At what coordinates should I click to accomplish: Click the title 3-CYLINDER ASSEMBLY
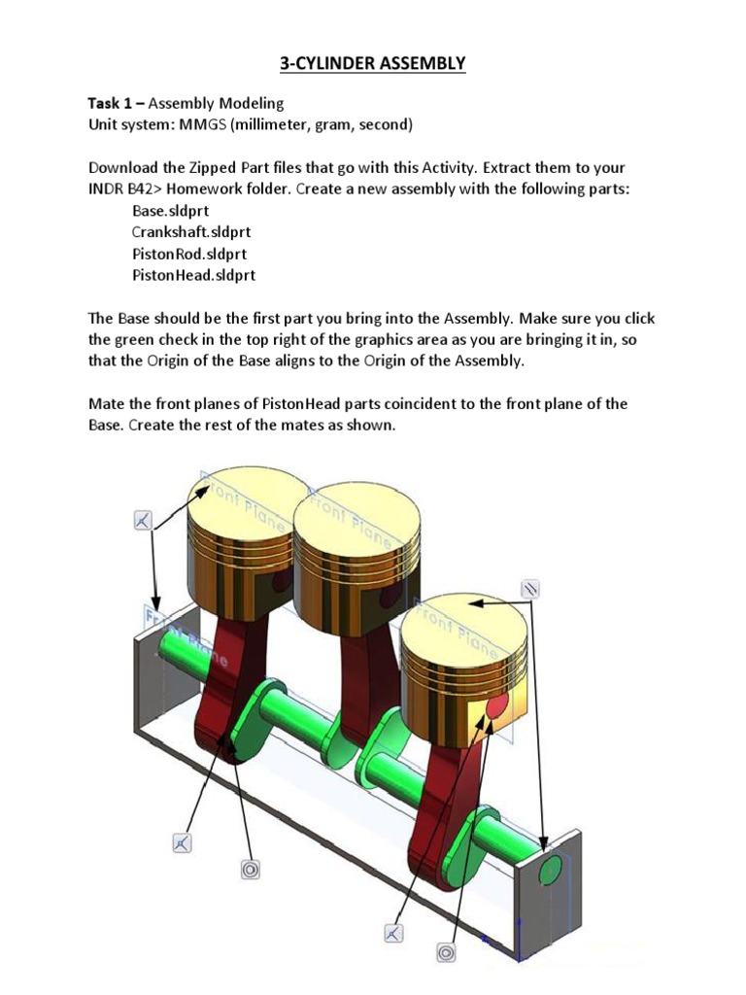[373, 64]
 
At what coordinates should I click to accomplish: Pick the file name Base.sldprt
[170, 211]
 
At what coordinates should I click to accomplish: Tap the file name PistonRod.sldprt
[188, 254]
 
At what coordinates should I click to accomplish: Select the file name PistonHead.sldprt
[193, 275]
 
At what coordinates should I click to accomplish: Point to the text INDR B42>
[126, 189]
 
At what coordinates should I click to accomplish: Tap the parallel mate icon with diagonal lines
[530, 589]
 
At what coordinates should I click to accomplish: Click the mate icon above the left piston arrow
[142, 522]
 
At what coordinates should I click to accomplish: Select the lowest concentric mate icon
[446, 953]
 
